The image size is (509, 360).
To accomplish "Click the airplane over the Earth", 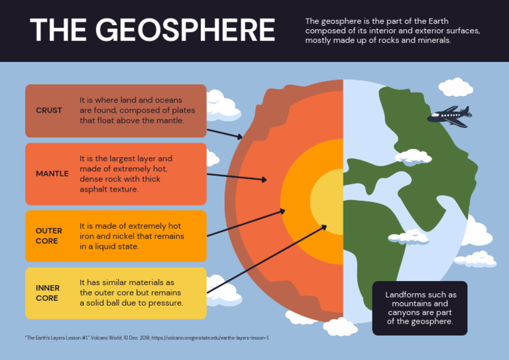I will (x=449, y=116).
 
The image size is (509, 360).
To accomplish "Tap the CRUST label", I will (x=49, y=111).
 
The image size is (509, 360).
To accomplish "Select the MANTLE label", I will (x=52, y=174).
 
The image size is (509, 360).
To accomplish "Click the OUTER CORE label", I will (x=49, y=236).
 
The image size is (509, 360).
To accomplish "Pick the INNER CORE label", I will (x=48, y=293).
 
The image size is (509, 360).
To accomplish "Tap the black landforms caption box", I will (x=420, y=308).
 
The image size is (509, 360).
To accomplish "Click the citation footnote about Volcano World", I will (x=146, y=337).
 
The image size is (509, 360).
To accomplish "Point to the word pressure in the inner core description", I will (x=165, y=303).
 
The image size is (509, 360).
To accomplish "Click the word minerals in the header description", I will (x=434, y=40).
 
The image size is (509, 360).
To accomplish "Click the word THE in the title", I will (x=56, y=30).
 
